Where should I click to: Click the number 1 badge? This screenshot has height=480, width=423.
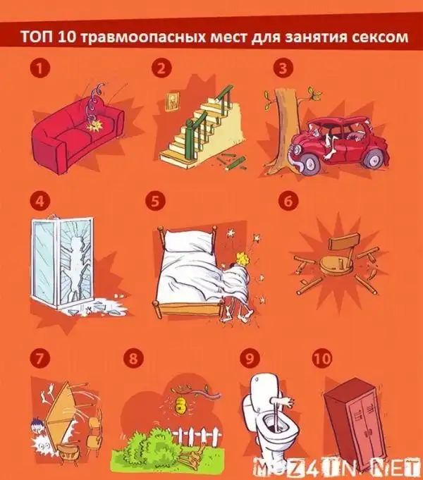tap(39, 68)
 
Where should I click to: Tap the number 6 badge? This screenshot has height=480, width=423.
tap(288, 202)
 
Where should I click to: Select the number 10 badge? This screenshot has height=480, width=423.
tap(322, 358)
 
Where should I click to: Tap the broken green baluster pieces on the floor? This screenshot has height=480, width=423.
tap(233, 160)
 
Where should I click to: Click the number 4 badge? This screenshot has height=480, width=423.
tap(39, 202)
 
